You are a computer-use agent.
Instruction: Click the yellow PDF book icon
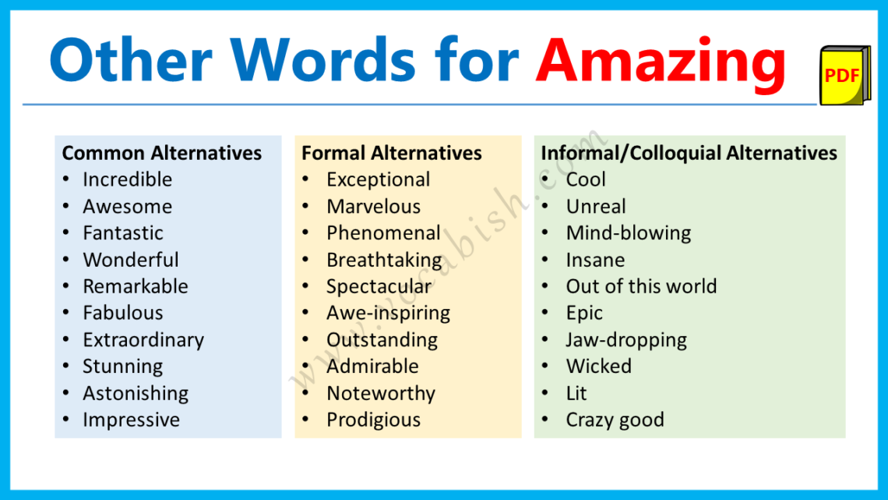point(844,76)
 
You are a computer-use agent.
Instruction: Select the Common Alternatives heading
point(162,153)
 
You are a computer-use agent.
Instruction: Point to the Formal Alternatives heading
point(392,153)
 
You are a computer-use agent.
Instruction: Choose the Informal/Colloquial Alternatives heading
point(689,153)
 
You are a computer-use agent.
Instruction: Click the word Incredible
point(127,179)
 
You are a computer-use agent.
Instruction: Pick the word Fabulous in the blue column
point(123,313)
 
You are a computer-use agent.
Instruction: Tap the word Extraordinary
point(143,340)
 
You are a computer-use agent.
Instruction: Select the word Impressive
point(131,420)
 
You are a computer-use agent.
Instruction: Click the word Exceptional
point(378,179)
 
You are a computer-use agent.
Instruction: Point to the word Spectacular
point(379,286)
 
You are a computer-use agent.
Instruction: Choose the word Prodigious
point(373,420)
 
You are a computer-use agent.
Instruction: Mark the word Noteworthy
point(380,393)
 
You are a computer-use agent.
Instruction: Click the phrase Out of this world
point(641,286)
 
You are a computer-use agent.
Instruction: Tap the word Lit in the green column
point(576,393)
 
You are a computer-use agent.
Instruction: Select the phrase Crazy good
point(615,420)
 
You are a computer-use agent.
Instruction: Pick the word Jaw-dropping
point(626,340)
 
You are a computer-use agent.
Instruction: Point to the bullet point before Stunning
point(66,367)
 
